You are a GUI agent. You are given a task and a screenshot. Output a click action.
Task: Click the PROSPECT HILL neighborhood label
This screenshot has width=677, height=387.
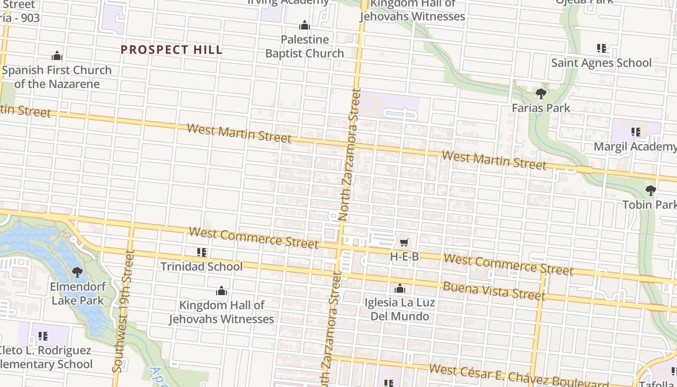click(172, 50)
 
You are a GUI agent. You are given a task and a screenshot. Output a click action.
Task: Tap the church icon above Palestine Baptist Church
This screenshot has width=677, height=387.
click(305, 25)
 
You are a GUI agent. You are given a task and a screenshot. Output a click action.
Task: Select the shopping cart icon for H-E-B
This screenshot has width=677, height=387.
click(404, 242)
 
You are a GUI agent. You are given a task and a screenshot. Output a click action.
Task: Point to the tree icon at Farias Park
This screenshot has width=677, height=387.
click(541, 94)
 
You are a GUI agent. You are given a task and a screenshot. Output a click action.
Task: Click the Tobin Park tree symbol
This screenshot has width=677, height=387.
click(651, 191)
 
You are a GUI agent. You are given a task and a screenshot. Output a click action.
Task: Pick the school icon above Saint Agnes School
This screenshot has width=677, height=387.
click(602, 48)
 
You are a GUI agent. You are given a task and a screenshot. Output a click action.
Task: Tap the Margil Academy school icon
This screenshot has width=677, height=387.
click(636, 132)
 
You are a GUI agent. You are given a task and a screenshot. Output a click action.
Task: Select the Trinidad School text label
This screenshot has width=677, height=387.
click(201, 267)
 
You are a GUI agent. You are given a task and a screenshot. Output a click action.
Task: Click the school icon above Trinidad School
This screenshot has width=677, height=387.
click(202, 253)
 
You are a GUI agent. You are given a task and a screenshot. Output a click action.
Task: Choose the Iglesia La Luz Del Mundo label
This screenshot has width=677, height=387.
click(399, 310)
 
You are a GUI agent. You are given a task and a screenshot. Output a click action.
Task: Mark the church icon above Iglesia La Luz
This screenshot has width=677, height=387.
click(399, 289)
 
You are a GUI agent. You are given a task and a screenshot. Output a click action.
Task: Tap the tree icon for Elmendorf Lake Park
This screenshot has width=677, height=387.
click(77, 272)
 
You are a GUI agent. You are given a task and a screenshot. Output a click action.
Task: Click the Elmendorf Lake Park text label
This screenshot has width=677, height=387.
click(77, 294)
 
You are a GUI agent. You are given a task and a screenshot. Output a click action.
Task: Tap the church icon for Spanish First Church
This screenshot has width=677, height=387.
click(57, 56)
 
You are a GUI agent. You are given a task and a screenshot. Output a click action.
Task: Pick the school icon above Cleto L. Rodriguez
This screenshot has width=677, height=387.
click(43, 336)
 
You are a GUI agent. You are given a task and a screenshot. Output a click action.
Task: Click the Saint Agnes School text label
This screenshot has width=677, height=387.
click(602, 63)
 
